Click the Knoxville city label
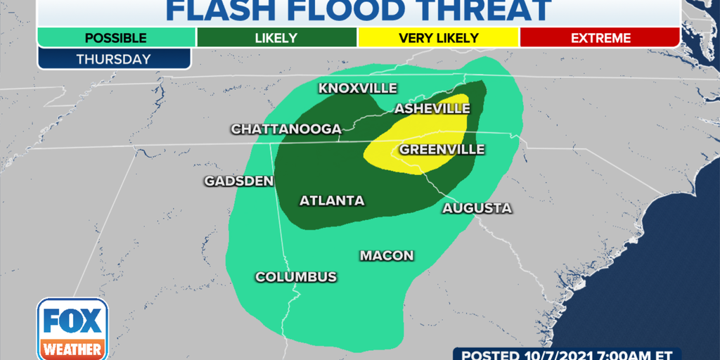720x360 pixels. point(358,89)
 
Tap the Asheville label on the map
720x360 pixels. point(432,109)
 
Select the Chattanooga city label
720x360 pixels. point(286,129)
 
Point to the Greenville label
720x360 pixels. point(442,150)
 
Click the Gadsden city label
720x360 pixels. point(238,181)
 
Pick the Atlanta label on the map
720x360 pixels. point(332,201)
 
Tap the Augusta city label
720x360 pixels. point(476,209)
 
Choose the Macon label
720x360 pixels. point(387,256)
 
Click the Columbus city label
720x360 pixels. point(295,277)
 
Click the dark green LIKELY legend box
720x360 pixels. point(277,38)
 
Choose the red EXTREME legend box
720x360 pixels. point(600,38)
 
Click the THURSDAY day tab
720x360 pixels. point(114,59)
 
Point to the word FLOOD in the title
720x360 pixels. point(356,11)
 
